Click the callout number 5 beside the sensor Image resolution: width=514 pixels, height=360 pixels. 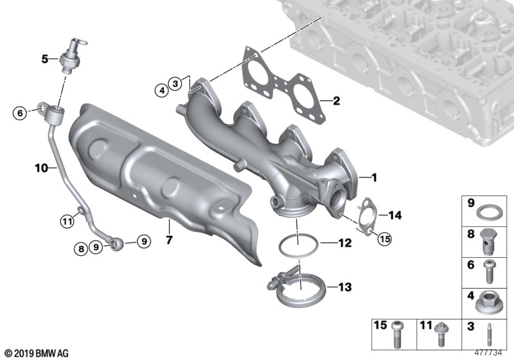tap(44, 59)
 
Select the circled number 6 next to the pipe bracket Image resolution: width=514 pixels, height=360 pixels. tap(20, 113)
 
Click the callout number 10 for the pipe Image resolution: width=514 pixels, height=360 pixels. tap(41, 168)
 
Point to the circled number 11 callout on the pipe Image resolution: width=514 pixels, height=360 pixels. tap(67, 222)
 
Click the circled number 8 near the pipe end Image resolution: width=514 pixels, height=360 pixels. tap(81, 249)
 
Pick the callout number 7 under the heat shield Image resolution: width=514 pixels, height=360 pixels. tap(169, 240)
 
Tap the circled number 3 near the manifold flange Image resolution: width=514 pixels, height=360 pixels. tap(175, 84)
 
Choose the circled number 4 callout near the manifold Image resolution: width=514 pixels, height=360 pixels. tap(162, 90)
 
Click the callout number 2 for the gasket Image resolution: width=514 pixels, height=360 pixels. tap(336, 101)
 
